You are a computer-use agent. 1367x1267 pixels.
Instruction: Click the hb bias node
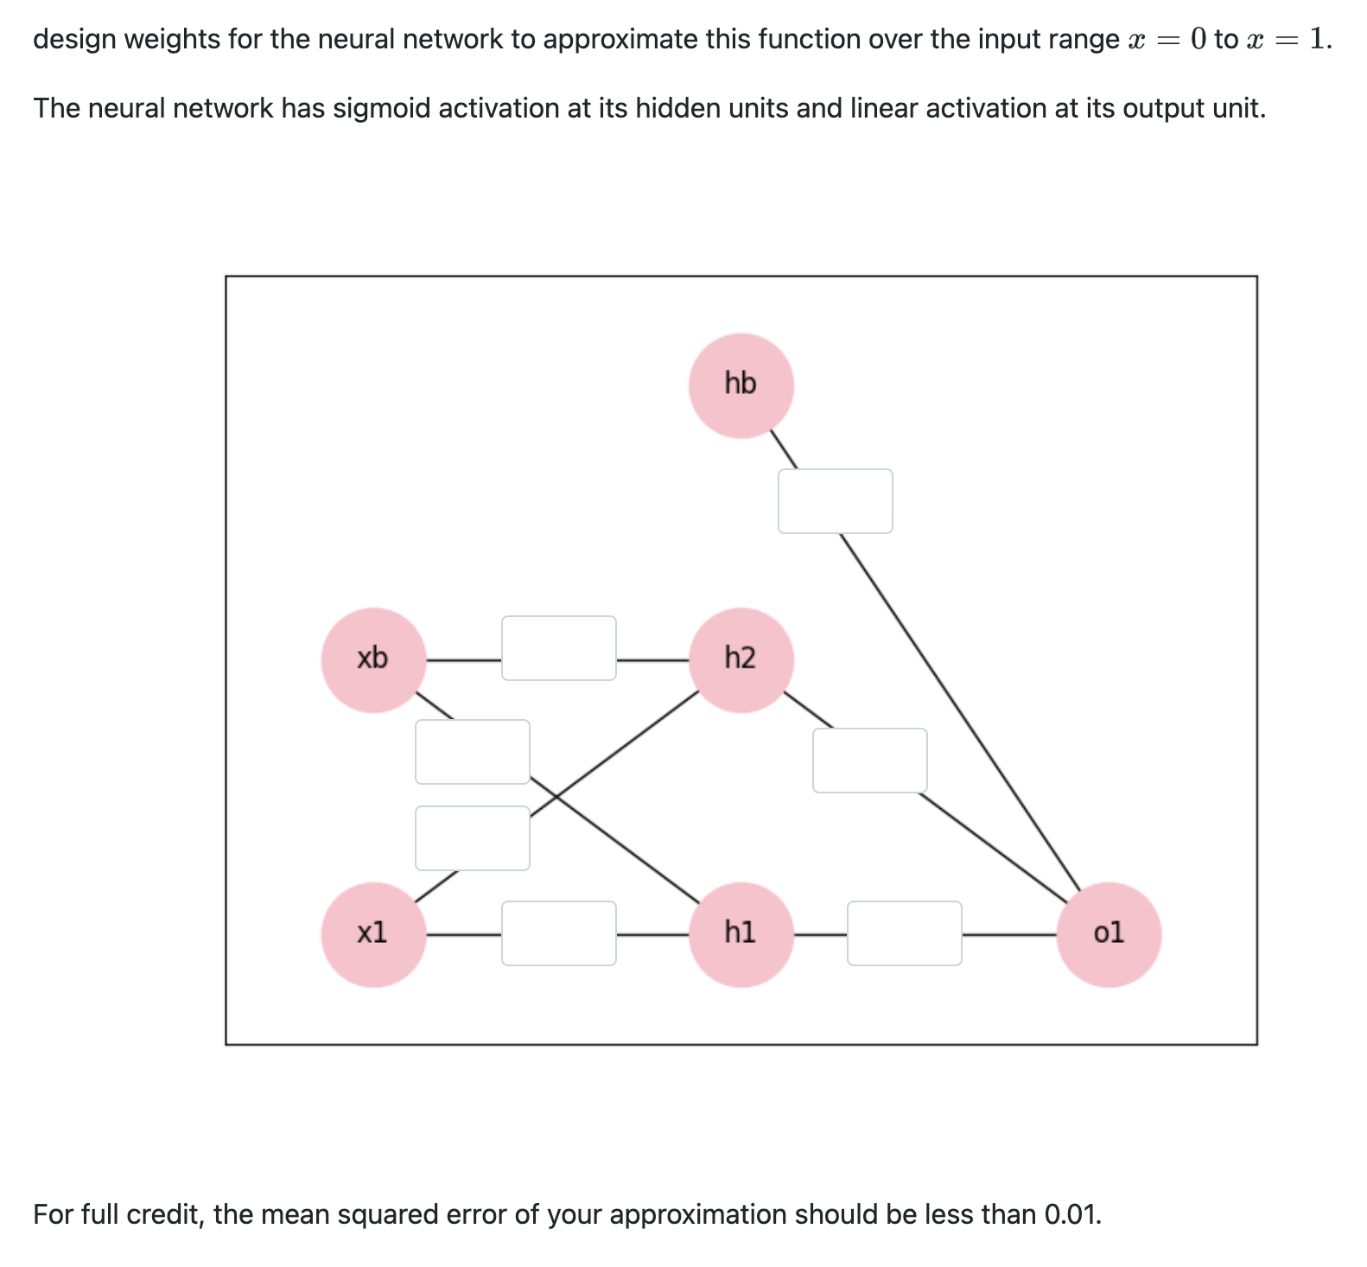(741, 385)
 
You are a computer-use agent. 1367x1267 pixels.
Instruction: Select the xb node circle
(373, 660)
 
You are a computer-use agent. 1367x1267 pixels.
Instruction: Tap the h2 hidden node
(741, 660)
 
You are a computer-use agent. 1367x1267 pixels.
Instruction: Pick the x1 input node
(373, 934)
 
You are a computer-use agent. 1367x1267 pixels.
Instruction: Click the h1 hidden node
(741, 934)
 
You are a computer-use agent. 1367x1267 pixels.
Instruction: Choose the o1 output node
(1108, 934)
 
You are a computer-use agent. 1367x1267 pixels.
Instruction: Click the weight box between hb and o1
(835, 501)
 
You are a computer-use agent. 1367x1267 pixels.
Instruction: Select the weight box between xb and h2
(558, 648)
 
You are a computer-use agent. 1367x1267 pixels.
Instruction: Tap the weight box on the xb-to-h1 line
(472, 752)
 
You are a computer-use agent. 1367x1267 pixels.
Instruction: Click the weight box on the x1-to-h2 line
(472, 838)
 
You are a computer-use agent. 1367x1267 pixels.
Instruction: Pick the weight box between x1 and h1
(558, 933)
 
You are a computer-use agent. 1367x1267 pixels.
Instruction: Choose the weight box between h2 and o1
(869, 761)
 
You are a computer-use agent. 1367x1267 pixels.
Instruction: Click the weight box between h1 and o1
(904, 933)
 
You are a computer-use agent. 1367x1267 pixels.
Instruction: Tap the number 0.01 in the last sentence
(1071, 1214)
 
